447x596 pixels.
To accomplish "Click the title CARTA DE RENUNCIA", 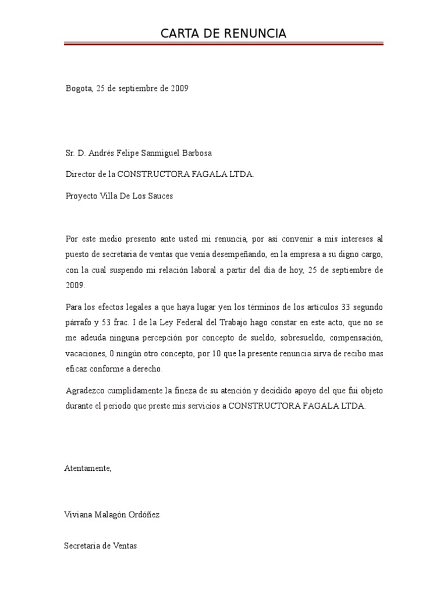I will coord(223,34).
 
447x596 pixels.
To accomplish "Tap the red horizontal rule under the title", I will coord(223,43).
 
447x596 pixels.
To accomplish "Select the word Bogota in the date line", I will coord(78,89).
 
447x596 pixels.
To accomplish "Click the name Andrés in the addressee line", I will coord(104,154).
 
